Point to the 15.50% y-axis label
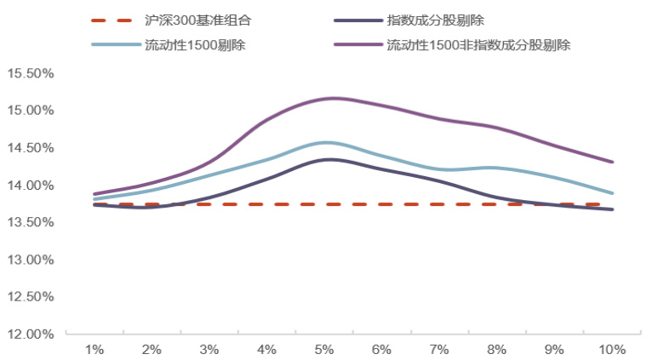31,73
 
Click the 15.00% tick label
31,111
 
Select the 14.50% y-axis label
31,148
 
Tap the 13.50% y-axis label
31,222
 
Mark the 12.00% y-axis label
31,334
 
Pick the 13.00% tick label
31,260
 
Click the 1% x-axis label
94,350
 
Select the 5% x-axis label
323,350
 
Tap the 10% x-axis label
612,350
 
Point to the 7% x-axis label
439,350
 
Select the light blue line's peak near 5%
326,142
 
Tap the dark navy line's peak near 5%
328,159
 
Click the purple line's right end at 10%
612,162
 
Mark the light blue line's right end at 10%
612,193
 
